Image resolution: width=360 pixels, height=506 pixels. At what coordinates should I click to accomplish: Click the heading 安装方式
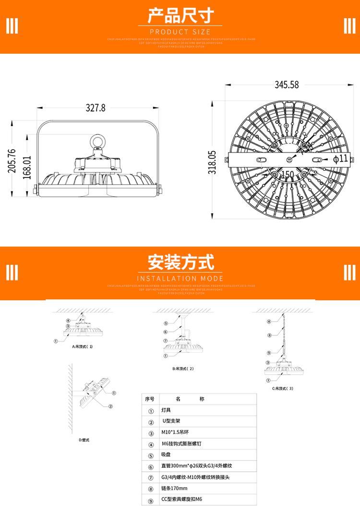tap(180, 262)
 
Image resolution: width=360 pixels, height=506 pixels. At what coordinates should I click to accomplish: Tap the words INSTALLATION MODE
tap(180, 279)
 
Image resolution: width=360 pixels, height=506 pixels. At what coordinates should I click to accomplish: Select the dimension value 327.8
tap(96, 108)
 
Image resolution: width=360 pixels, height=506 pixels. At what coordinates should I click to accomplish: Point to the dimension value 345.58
tap(287, 84)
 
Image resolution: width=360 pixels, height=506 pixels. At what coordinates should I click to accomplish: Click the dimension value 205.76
tap(12, 160)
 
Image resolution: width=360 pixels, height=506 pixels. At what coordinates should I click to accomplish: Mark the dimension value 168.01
tap(27, 168)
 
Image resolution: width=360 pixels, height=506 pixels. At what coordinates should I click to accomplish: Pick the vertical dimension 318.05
tap(213, 162)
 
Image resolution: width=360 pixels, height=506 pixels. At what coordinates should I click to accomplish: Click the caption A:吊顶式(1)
tap(82, 346)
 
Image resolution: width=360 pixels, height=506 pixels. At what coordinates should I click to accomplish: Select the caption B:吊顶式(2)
tap(183, 369)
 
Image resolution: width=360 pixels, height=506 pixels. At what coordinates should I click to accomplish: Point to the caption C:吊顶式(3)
tap(283, 388)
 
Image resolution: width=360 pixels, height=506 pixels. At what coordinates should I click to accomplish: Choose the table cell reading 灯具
tap(166, 411)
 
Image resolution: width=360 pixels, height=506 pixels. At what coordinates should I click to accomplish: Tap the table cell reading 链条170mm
tap(175, 489)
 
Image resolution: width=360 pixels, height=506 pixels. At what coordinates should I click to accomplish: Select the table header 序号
tap(150, 399)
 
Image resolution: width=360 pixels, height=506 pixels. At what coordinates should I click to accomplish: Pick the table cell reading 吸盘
tap(166, 455)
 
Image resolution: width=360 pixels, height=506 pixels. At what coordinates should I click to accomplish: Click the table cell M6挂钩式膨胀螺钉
tap(181, 444)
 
